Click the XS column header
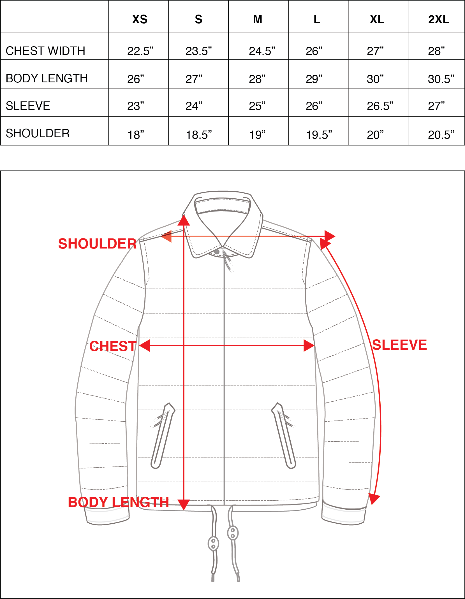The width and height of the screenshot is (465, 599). (140, 19)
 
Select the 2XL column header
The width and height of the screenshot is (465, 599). (439, 19)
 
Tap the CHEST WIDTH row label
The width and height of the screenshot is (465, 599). (45, 51)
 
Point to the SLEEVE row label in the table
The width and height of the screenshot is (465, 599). (28, 106)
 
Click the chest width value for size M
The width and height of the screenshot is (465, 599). (262, 51)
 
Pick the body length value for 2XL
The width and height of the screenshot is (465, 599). (441, 79)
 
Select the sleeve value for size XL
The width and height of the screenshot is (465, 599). (380, 106)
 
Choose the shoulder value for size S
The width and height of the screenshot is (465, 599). (199, 135)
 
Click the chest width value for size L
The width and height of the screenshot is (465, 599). (314, 51)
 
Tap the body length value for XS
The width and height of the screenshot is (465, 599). (136, 79)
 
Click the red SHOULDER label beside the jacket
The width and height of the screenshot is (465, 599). (97, 244)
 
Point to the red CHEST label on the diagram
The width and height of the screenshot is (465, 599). (113, 346)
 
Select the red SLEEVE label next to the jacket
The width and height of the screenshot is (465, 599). (399, 345)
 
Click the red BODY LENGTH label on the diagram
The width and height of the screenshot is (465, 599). (118, 502)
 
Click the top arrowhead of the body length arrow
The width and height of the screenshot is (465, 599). (184, 220)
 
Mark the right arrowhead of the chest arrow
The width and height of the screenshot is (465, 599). (309, 346)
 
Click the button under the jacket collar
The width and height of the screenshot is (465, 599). (217, 252)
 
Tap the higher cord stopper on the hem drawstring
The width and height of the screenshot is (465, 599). (233, 533)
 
